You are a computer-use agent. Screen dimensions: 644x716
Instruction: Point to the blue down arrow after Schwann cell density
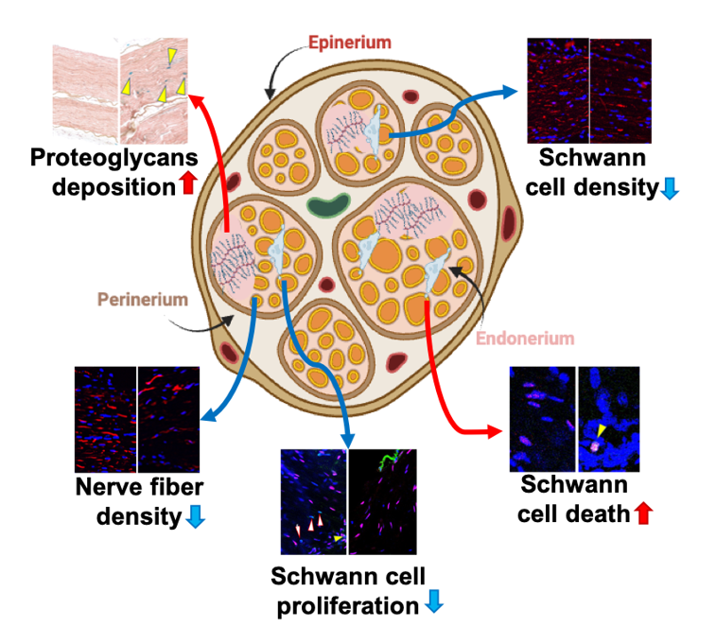click(669, 189)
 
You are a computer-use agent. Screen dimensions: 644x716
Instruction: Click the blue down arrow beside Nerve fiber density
click(197, 517)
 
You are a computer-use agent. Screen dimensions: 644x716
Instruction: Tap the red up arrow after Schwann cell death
click(644, 513)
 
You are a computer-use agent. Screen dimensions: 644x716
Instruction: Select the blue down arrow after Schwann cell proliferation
click(431, 604)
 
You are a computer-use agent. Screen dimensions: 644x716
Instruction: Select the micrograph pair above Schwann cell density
click(589, 90)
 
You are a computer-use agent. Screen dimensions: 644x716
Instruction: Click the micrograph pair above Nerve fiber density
click(137, 419)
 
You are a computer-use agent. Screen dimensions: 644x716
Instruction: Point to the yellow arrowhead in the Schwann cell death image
click(599, 429)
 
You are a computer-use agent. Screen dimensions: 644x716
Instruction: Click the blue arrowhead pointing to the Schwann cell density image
click(512, 92)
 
